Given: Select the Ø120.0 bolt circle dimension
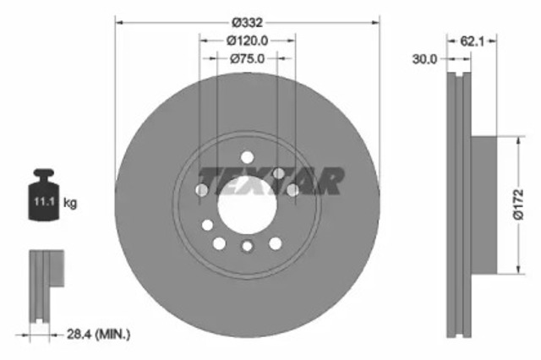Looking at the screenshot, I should (x=248, y=40).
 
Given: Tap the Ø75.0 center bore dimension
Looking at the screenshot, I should (x=248, y=58).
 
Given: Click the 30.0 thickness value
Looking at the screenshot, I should (x=426, y=59).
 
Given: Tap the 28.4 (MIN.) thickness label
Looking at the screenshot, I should (x=101, y=335).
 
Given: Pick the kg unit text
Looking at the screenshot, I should (x=71, y=204).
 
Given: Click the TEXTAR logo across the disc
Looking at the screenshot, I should (x=270, y=179).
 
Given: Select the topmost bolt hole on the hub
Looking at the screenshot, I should (x=247, y=158).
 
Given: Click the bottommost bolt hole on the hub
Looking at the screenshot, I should (x=247, y=247).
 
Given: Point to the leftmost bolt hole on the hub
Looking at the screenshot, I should (x=202, y=190).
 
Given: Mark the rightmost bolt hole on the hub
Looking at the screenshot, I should (x=292, y=190).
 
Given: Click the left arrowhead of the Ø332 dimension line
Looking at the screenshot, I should (x=119, y=21).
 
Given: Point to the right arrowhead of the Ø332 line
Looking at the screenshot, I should (x=374, y=21).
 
